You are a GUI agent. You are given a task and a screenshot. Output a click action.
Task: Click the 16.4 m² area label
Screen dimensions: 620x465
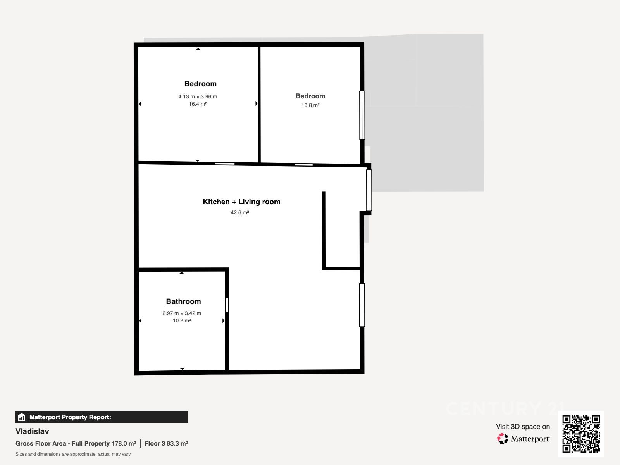198,104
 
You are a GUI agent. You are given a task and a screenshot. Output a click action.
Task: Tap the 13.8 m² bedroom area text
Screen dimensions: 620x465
310,105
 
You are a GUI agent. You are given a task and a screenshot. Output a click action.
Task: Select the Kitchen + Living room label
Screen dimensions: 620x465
241,201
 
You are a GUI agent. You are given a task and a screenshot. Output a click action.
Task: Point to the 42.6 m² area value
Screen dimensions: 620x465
239,212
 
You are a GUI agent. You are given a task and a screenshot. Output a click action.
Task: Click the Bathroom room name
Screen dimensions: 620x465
183,301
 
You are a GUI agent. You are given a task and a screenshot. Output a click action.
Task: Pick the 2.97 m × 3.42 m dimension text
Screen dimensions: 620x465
182,313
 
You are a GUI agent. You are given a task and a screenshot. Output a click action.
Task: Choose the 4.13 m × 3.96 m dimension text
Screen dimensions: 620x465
198,96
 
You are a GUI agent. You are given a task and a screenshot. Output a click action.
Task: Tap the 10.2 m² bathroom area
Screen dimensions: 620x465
182,320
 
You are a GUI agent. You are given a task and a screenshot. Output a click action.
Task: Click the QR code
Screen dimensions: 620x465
581,434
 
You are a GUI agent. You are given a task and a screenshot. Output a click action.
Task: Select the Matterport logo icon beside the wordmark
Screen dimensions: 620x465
503,439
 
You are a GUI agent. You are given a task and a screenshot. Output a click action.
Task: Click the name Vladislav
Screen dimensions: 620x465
32,431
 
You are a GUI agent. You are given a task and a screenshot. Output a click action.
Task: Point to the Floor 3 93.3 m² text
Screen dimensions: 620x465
166,444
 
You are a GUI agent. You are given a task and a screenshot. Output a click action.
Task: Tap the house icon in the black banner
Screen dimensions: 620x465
22,417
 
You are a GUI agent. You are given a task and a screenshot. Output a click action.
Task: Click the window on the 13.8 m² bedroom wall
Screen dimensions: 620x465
362,115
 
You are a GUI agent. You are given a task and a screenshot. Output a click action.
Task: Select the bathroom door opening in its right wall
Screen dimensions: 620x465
227,305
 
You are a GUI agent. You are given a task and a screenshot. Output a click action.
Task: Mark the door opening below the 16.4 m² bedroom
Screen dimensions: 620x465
225,164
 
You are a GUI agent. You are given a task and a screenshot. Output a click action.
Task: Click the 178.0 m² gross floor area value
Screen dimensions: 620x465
124,444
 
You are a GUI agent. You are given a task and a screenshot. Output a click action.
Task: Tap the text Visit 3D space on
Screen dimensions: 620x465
523,427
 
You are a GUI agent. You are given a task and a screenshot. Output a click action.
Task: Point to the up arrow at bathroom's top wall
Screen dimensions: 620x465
181,273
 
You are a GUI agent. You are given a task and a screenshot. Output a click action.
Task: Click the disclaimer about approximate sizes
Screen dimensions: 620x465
73,454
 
